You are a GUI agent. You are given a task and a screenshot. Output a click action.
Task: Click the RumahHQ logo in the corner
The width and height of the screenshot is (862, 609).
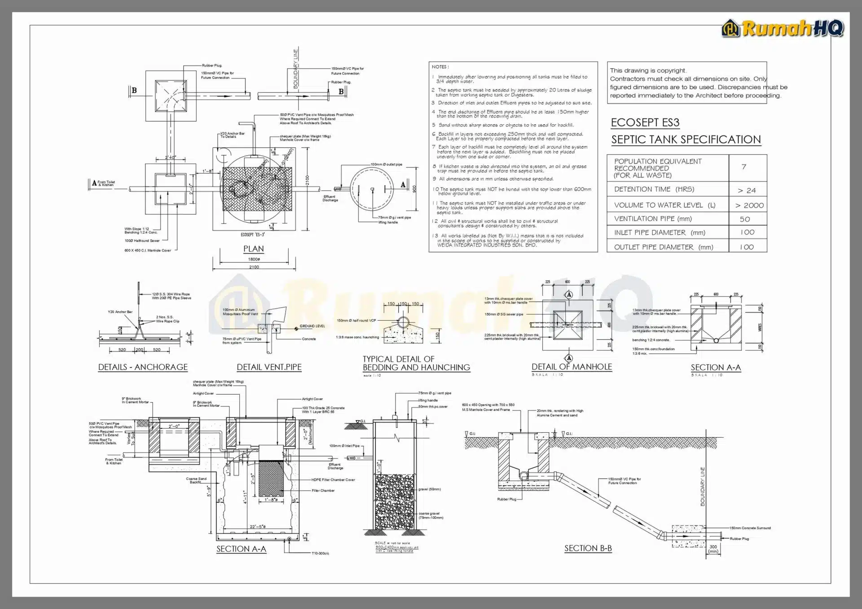point(782,28)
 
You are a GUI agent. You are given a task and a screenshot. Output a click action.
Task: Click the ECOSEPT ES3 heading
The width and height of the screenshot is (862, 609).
point(645,122)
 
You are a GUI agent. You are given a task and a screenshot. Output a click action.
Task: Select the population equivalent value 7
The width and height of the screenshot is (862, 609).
point(744,167)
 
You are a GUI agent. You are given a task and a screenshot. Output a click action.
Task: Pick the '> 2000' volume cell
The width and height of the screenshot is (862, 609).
point(749,205)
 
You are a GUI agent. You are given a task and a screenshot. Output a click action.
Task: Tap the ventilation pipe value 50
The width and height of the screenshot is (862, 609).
point(745,219)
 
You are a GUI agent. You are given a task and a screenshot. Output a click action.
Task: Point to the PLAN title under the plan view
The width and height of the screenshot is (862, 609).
point(253,248)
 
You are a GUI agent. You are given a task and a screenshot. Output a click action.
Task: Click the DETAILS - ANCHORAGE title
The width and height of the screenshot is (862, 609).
point(143,367)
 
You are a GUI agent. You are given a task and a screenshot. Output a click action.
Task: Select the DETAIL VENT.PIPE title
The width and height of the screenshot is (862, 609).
point(269,367)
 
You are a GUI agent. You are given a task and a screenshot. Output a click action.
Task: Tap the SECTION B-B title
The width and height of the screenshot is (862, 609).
point(588,548)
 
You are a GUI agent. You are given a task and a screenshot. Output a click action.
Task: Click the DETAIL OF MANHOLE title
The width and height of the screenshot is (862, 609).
point(572,366)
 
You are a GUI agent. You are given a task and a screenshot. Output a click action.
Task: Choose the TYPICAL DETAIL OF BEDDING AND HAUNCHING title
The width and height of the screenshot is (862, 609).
point(416,363)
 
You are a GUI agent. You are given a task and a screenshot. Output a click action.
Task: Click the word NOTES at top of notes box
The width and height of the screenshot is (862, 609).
point(440,67)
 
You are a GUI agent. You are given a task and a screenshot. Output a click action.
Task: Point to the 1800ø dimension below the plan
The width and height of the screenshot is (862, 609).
point(254,259)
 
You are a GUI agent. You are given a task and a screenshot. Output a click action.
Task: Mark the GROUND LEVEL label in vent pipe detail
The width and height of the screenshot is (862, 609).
point(312,326)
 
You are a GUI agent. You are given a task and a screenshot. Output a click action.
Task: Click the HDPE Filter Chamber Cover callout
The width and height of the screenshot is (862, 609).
point(333,479)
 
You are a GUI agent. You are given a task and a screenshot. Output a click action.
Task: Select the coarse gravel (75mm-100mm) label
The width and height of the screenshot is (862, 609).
point(430,515)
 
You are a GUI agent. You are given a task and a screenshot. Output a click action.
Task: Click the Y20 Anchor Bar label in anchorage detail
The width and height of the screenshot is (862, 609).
point(120,312)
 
